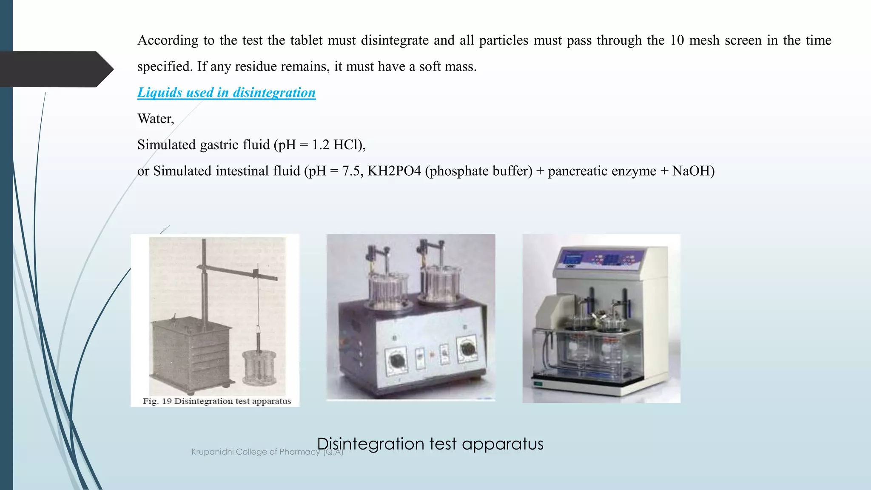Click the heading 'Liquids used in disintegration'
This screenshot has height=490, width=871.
[226, 93]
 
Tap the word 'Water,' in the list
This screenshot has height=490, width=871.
[156, 119]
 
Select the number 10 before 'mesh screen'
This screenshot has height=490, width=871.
[677, 40]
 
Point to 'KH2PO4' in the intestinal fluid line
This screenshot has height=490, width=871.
[394, 171]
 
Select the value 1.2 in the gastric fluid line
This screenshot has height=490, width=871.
[321, 145]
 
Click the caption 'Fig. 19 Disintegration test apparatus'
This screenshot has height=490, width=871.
[217, 401]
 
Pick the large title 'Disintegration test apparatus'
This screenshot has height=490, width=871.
[430, 444]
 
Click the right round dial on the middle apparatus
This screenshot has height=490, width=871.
[467, 348]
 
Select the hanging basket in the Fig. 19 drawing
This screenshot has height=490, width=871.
[259, 367]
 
